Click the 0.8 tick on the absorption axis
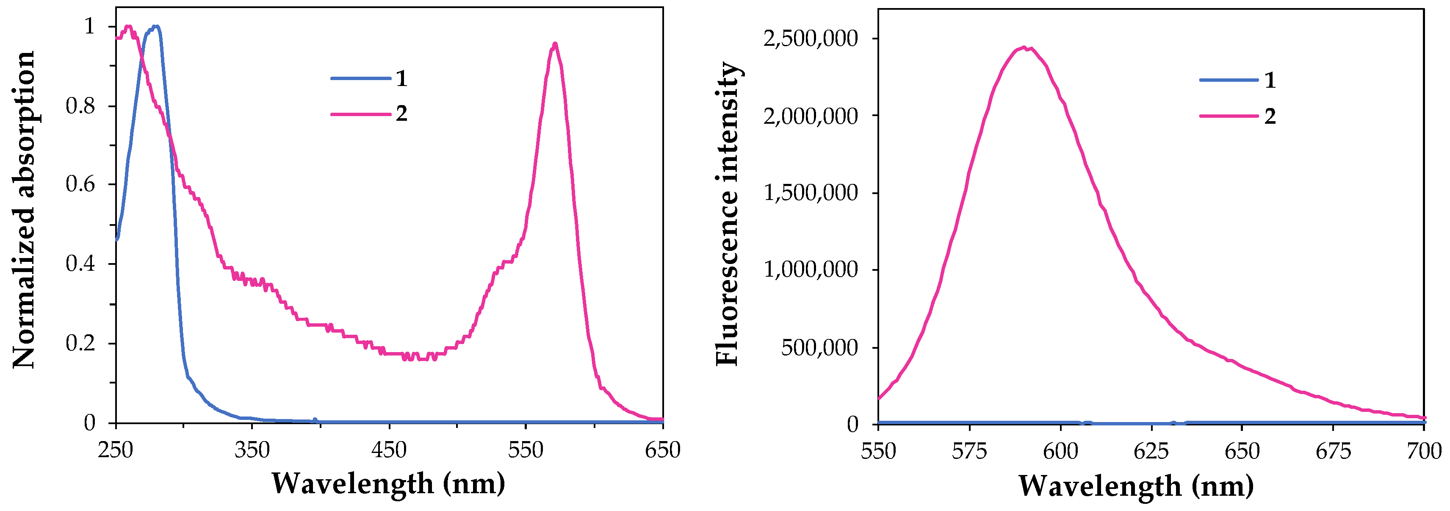coord(80,106)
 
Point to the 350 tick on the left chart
coord(252,450)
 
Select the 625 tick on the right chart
coord(1151,451)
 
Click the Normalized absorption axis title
coord(24,210)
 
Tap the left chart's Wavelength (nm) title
coord(388,483)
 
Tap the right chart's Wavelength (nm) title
coord(1136,485)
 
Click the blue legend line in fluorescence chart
coord(1229,80)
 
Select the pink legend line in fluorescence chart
coord(1229,116)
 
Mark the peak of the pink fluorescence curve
coord(1024,48)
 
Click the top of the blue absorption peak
coord(156,26)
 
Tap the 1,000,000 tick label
coord(811,269)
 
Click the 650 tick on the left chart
coord(662,450)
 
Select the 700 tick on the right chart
coord(1424,451)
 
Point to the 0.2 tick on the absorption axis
coord(80,343)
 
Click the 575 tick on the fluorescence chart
coord(969,451)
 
